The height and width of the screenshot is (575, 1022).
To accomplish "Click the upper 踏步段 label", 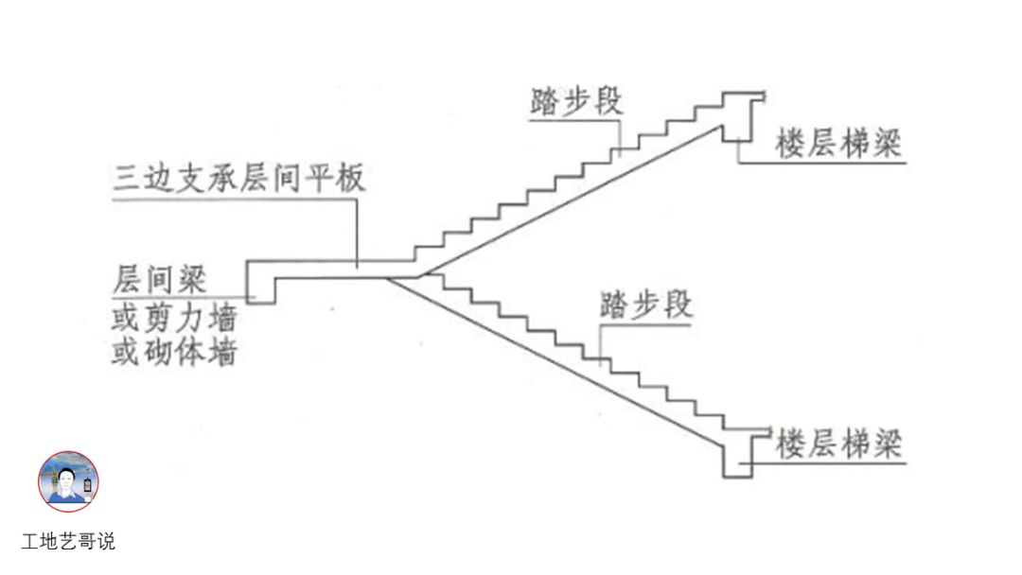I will (x=576, y=101).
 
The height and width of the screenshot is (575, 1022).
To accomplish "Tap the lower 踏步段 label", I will (x=646, y=305).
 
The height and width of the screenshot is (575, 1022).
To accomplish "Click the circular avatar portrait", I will (x=68, y=481).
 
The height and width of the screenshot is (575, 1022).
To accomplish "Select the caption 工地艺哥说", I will (x=68, y=542).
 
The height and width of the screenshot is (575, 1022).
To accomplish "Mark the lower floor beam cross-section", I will (x=737, y=453).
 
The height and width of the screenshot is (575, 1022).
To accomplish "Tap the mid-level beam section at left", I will (x=260, y=282).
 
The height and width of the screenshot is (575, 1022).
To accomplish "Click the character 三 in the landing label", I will (x=126, y=178).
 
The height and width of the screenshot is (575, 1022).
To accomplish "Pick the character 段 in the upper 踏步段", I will (x=608, y=101).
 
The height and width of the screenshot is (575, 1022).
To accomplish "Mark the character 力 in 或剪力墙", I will (x=190, y=317).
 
